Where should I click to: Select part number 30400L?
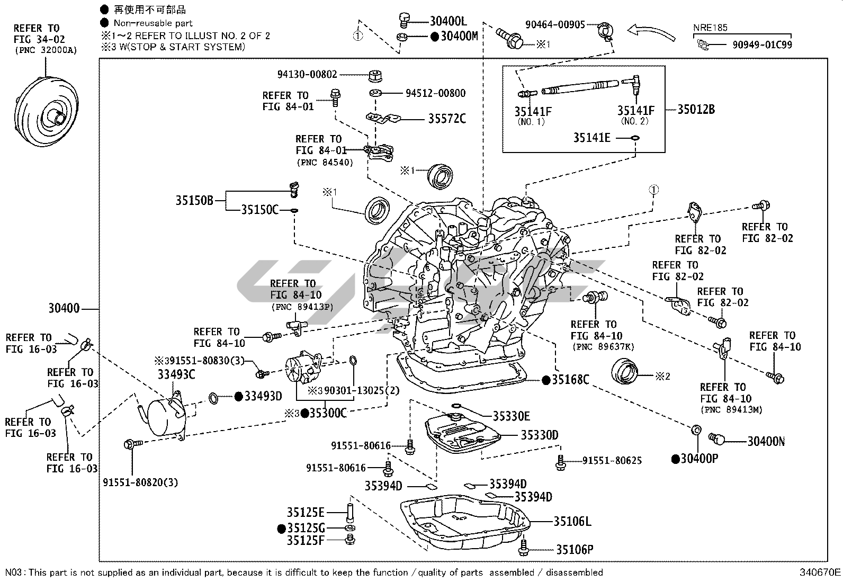point(448,21)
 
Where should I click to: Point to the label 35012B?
point(696,110)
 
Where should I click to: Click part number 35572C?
point(447,119)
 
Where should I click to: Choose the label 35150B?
point(194,201)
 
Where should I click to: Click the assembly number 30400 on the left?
point(64,308)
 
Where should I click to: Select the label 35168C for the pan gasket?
point(570,380)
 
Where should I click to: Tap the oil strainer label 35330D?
point(539,435)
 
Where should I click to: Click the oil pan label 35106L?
point(572,522)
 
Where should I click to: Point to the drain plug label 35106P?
point(575,550)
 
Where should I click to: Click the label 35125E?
point(306,512)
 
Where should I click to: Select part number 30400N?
point(766,441)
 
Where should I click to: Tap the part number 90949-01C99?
point(762,45)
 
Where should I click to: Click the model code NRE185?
point(710,28)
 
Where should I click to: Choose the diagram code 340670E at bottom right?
point(820,572)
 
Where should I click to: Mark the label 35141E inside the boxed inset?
point(591,138)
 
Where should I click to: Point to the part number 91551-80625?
point(612,461)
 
